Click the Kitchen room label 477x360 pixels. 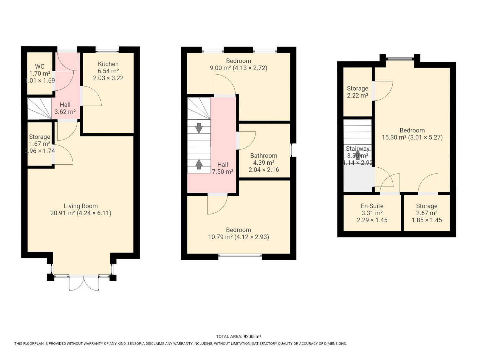click(x=108, y=64)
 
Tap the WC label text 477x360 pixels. click(x=40, y=67)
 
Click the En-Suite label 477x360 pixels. click(x=372, y=206)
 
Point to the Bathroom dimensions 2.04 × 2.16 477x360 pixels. click(x=263, y=170)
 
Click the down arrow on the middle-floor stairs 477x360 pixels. click(x=199, y=128)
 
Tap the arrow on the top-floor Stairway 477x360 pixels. click(x=358, y=155)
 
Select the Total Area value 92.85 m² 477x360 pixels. click(x=252, y=336)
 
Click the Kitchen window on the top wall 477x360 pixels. click(x=107, y=51)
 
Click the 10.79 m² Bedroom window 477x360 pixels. click(x=240, y=255)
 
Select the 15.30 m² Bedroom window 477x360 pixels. click(x=400, y=58)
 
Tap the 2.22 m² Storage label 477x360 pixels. click(x=357, y=89)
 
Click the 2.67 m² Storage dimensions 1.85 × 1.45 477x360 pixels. click(x=427, y=220)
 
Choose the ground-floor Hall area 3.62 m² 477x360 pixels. click(x=65, y=112)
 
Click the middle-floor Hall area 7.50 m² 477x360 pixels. click(x=222, y=171)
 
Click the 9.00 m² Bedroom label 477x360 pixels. click(x=238, y=61)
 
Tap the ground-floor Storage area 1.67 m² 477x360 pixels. click(x=40, y=144)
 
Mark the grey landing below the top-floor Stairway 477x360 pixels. click(x=359, y=179)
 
